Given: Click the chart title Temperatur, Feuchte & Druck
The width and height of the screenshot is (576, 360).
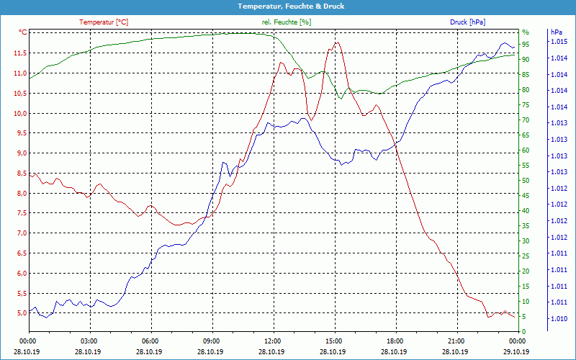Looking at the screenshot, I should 288,6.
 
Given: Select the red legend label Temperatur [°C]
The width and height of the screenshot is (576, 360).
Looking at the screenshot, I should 104,22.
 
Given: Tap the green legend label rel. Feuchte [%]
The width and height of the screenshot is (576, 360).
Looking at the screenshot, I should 287,22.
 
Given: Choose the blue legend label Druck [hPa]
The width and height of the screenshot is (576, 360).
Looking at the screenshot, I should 469,22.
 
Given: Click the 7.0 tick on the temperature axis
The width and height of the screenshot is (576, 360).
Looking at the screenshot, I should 21,233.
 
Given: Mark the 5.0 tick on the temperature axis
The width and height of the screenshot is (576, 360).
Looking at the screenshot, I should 21,313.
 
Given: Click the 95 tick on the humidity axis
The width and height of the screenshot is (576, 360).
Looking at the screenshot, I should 526,45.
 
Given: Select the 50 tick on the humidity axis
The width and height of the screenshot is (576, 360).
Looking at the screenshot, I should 526,181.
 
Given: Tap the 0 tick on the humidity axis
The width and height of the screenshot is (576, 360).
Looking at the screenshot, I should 523,332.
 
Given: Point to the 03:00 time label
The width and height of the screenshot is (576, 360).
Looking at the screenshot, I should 89,341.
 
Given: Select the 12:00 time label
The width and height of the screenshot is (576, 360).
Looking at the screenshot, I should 273,341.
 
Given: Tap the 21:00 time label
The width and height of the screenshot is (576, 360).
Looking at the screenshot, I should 456,341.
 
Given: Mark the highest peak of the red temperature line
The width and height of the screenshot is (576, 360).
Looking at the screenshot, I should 336,43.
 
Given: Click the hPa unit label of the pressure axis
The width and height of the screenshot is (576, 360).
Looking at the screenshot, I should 556,32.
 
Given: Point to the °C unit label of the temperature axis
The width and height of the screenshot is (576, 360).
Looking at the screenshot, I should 22,32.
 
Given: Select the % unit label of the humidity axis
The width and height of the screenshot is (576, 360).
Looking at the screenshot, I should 526,32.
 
